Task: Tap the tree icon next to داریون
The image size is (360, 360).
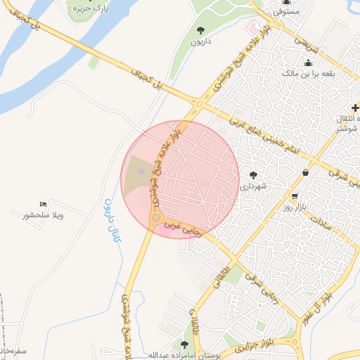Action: click(x=202, y=30)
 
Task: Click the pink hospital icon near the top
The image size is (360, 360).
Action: click(x=252, y=27)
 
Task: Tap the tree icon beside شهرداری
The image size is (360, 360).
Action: click(x=253, y=175)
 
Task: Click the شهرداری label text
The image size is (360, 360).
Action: click(x=254, y=187)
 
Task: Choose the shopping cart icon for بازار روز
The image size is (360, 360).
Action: click(x=294, y=196)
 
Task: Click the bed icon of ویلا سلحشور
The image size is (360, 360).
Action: click(x=44, y=204)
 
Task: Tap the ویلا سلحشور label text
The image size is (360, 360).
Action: click(x=43, y=215)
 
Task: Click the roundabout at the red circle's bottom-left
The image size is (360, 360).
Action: click(x=156, y=219)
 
